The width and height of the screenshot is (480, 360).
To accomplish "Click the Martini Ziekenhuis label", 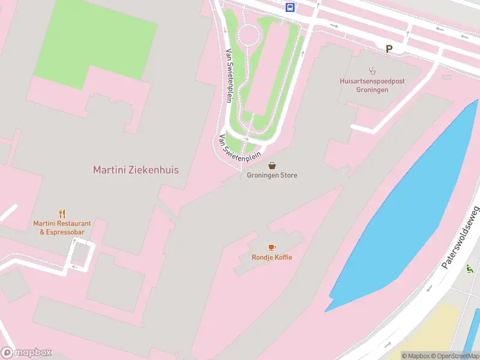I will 136,170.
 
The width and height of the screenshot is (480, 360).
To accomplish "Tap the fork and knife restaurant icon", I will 62,213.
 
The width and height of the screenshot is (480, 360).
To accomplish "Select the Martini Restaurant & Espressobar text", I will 62,227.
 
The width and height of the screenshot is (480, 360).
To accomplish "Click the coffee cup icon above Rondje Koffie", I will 272,247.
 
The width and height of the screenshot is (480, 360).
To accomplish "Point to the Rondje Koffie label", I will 272,257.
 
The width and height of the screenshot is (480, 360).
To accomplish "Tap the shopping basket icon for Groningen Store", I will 272,165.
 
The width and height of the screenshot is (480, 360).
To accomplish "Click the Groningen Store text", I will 272,175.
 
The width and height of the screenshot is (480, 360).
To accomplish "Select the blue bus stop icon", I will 290,7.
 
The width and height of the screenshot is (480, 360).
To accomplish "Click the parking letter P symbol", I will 389,49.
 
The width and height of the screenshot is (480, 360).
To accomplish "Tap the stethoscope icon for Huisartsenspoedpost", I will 371,70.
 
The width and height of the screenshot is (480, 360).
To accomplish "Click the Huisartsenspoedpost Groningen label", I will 364,85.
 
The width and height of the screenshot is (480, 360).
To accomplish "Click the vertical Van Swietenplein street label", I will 229,76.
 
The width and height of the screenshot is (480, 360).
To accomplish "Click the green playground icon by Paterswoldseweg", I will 469,269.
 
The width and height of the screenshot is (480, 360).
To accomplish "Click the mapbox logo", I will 26,352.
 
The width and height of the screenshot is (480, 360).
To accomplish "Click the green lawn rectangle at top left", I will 96,39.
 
